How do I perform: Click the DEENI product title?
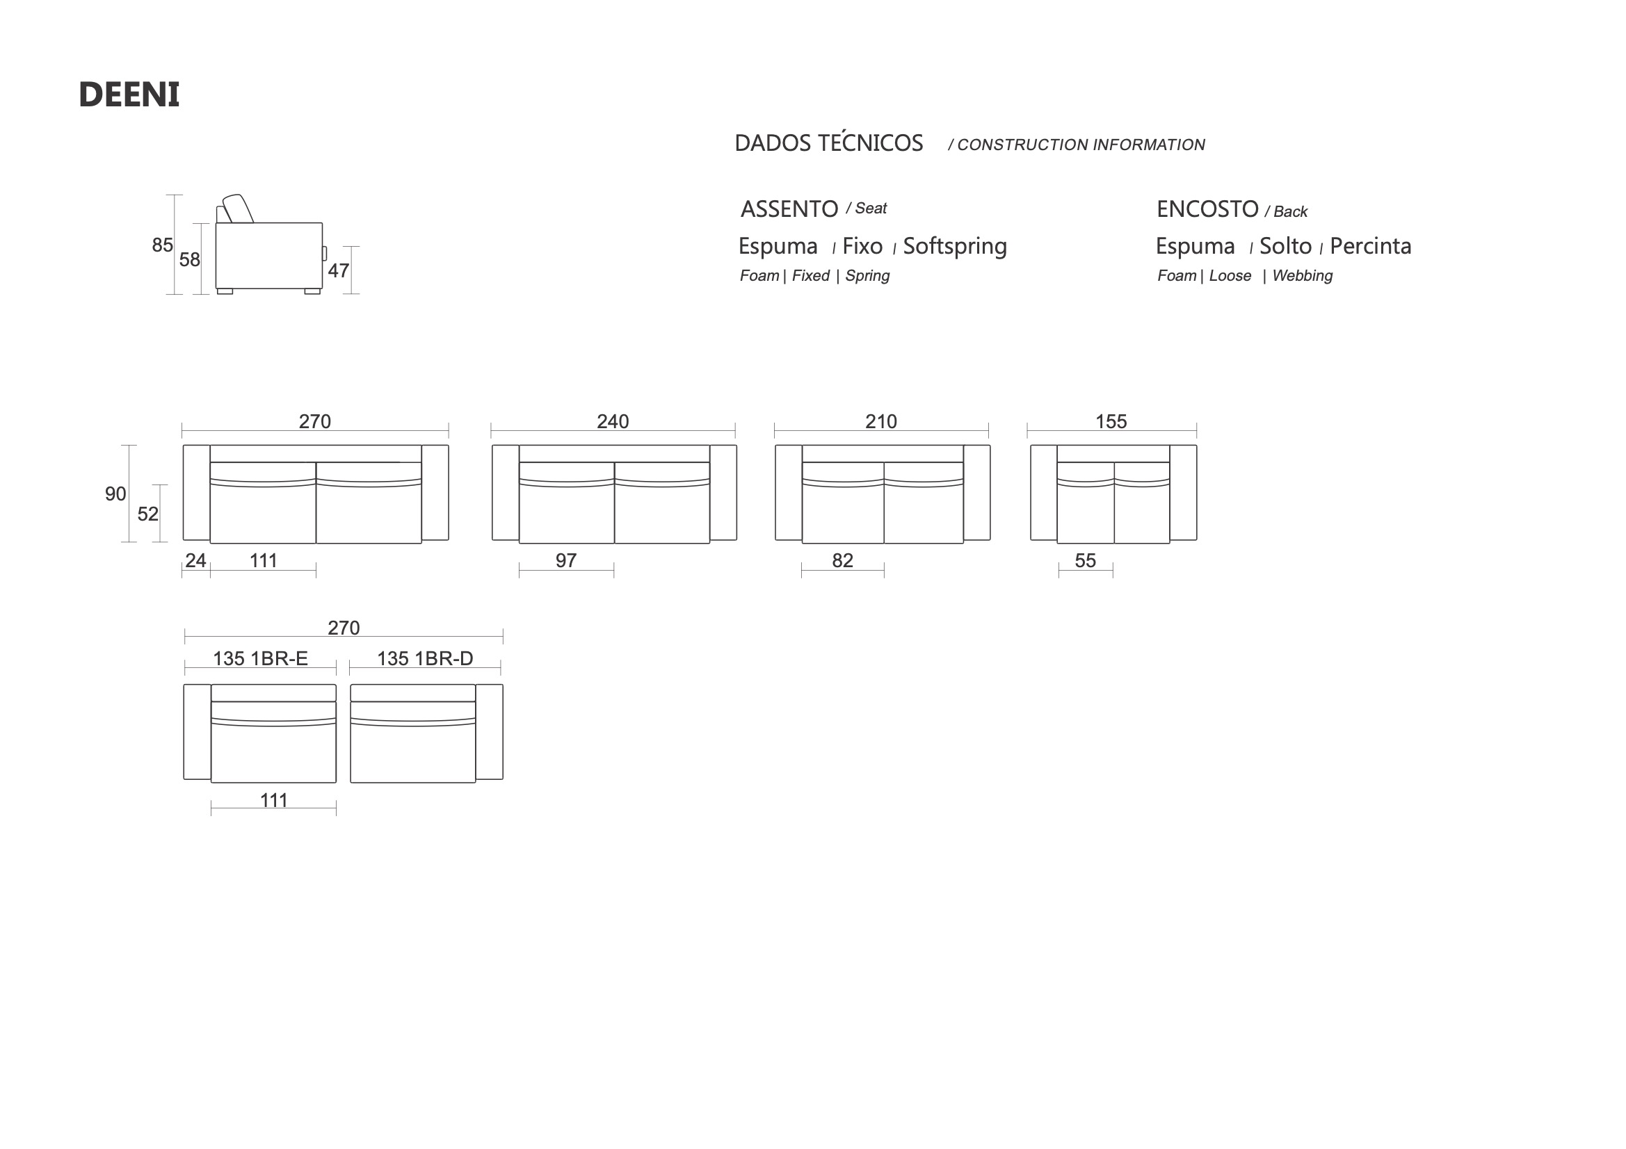click(129, 95)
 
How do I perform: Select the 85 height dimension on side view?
click(162, 245)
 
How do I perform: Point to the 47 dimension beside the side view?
click(339, 270)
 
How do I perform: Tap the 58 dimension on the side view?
click(190, 260)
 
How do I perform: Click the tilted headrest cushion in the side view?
click(238, 208)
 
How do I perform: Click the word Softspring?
click(955, 246)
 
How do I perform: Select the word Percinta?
click(1370, 245)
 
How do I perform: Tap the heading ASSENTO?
click(789, 209)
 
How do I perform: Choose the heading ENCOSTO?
click(1207, 209)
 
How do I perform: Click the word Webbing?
click(1303, 275)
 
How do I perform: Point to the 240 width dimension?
click(613, 421)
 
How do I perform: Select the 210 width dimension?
click(881, 421)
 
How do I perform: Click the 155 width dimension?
click(1111, 421)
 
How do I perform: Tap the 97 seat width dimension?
click(566, 560)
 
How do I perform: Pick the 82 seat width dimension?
click(843, 560)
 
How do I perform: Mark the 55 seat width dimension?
click(1086, 560)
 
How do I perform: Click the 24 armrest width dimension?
click(195, 560)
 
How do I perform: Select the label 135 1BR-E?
click(261, 658)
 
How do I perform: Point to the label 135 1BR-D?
click(425, 658)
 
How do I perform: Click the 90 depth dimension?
click(115, 494)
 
